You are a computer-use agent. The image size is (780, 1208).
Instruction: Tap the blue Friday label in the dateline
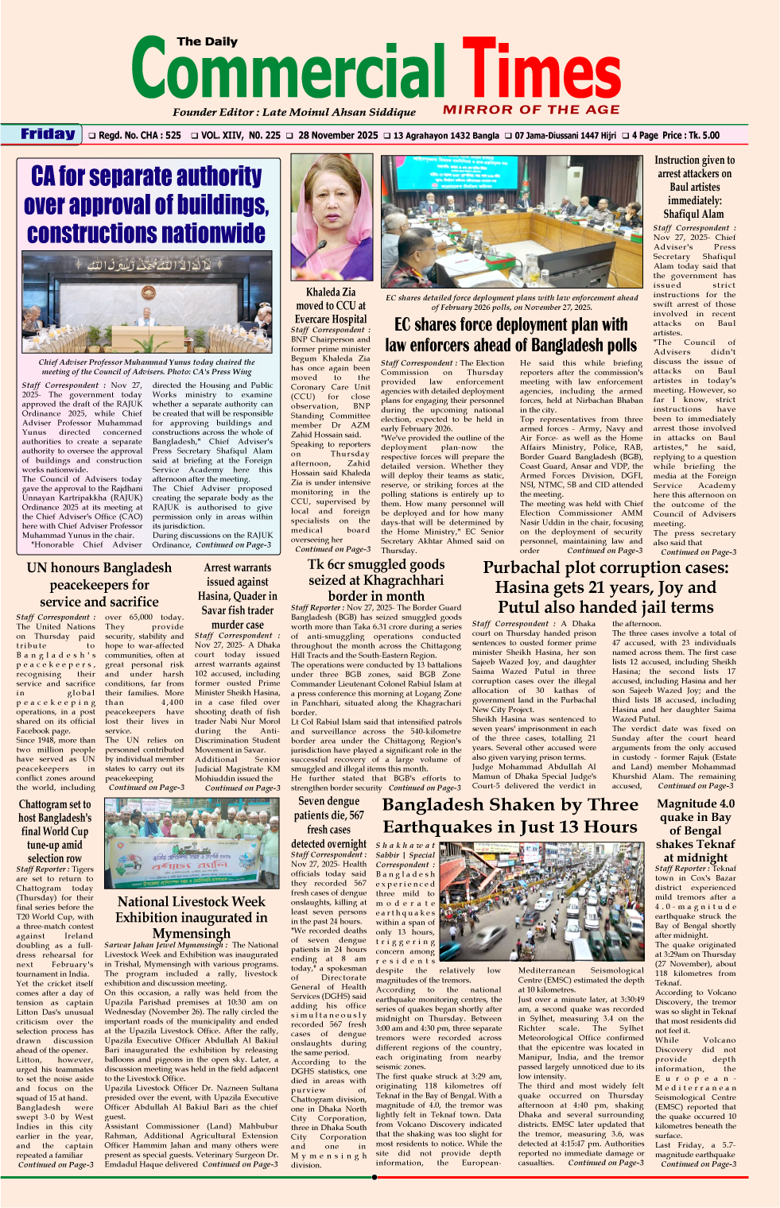click(x=48, y=134)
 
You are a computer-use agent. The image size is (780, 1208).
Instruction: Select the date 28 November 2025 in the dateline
click(x=338, y=135)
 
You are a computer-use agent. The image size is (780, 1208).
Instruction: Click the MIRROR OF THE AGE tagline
click(x=531, y=110)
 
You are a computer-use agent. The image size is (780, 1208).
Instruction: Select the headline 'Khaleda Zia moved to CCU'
click(x=331, y=305)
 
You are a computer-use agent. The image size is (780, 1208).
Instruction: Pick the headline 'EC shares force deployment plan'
click(x=510, y=335)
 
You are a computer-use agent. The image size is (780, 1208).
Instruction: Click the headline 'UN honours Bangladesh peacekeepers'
click(x=99, y=584)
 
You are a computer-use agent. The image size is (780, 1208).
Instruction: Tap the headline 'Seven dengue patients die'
click(x=328, y=823)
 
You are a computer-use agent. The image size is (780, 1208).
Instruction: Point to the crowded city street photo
click(x=542, y=901)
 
